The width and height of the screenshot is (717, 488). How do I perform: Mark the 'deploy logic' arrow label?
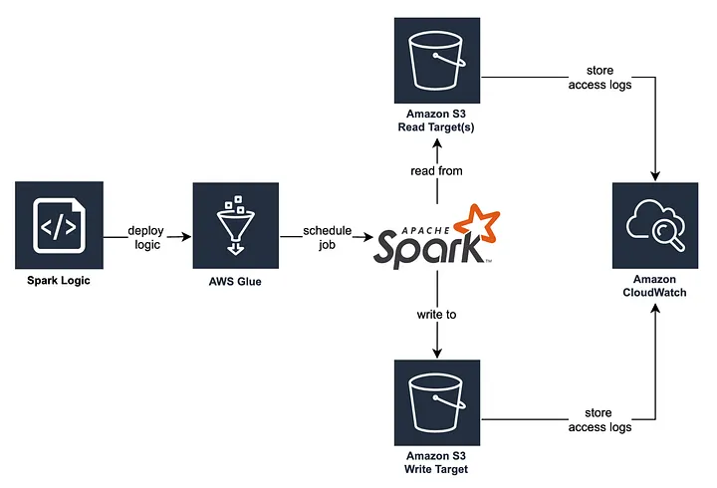(146, 238)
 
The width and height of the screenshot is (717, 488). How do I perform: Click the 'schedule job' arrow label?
(328, 238)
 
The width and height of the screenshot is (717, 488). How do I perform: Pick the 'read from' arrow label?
(437, 170)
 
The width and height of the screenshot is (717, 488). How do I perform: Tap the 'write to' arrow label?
(437, 314)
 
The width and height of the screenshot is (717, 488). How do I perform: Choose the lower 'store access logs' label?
(599, 419)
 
